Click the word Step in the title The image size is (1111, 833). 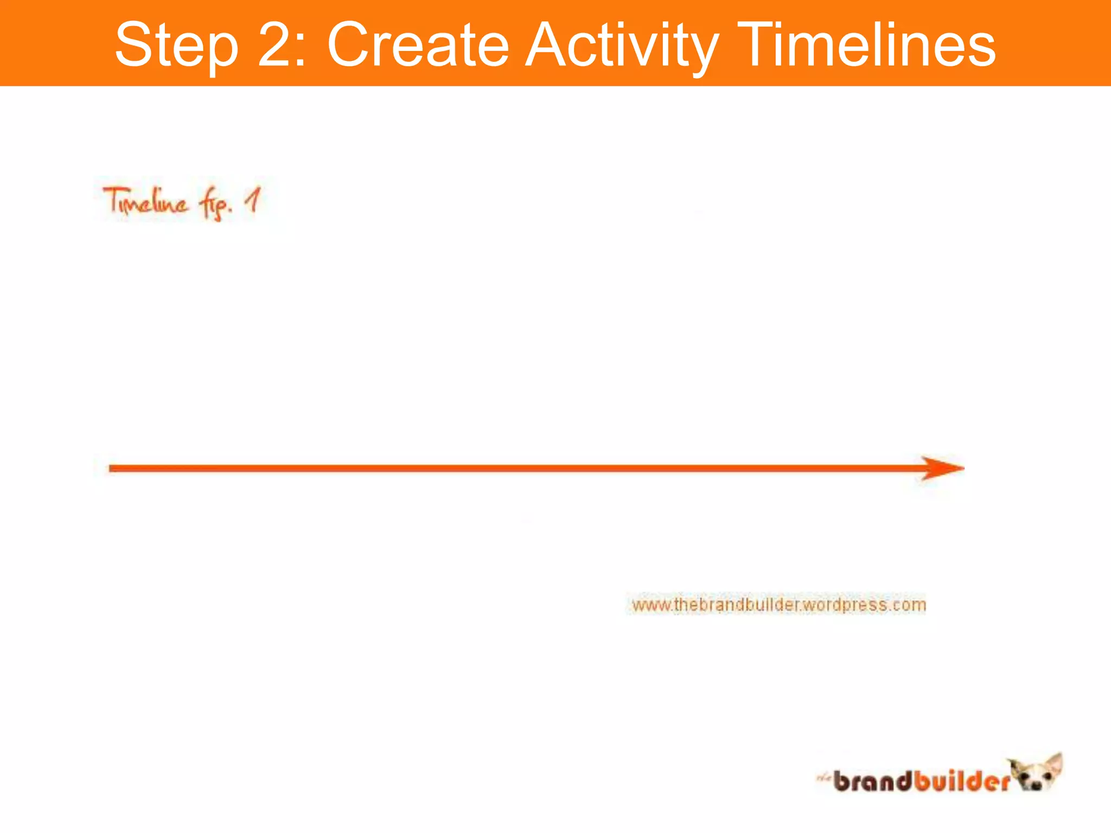click(x=177, y=46)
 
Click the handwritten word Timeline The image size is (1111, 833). click(x=146, y=202)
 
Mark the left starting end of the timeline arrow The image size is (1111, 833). click(x=112, y=468)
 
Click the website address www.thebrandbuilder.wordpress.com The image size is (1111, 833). click(x=778, y=604)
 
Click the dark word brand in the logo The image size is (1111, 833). click(x=873, y=781)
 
